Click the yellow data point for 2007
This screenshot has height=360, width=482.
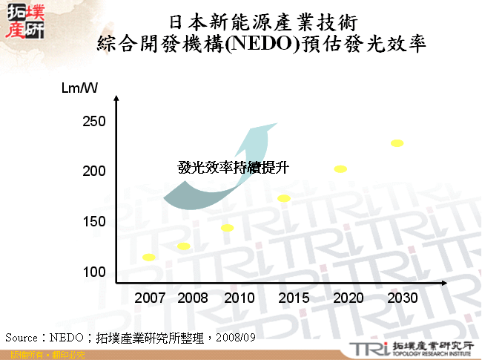click(148, 258)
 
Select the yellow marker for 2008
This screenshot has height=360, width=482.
click(183, 246)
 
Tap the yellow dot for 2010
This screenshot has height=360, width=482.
click(227, 228)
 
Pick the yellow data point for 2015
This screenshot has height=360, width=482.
click(283, 198)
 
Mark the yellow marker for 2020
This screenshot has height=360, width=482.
click(340, 169)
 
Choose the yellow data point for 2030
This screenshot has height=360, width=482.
click(397, 143)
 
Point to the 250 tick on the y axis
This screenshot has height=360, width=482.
click(94, 122)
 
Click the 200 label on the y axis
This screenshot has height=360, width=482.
click(94, 171)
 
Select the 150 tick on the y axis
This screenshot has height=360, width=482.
click(94, 222)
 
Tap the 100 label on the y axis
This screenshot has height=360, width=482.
click(94, 272)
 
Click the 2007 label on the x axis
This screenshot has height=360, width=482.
click(150, 298)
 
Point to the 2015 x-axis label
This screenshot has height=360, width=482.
click(294, 298)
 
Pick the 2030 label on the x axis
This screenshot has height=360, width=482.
click(403, 298)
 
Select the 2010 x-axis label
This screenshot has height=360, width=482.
click(239, 298)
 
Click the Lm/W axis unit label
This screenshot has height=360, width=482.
click(80, 89)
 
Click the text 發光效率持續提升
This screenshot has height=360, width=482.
click(233, 168)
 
